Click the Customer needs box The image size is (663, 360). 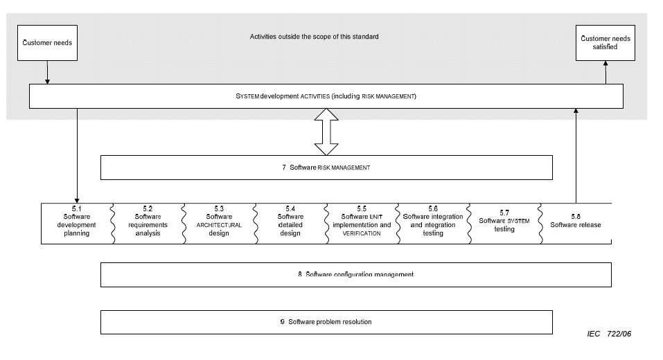coord(47,43)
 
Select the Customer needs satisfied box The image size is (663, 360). coord(605,43)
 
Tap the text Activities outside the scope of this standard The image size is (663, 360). coord(314,37)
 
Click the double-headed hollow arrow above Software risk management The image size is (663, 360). coord(326,132)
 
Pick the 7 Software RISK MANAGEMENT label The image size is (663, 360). coord(326,168)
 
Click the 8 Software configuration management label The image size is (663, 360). coord(355,275)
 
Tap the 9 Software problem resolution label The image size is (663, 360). coord(326,322)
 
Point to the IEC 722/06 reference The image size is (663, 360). coord(609,334)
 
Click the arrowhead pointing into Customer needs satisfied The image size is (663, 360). coord(605,64)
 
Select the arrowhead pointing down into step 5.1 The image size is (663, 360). coord(77,201)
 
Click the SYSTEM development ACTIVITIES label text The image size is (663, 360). coord(326,96)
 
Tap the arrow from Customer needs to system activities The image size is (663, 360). coord(47,72)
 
